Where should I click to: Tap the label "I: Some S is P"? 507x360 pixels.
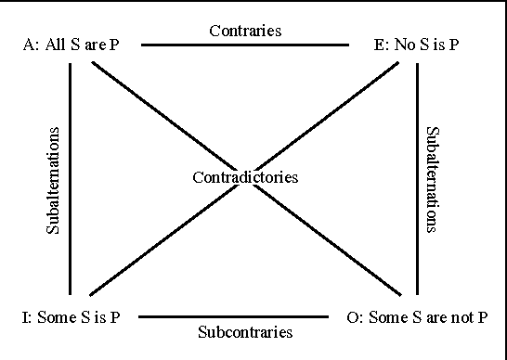[71, 318]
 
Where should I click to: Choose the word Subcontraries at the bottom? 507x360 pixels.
[246, 331]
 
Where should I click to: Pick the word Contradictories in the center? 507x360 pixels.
[245, 176]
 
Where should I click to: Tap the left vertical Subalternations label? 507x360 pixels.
[53, 180]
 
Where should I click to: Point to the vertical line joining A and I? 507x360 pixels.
[71, 176]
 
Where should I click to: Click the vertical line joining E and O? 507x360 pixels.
[418, 176]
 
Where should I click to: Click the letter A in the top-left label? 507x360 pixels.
[27, 45]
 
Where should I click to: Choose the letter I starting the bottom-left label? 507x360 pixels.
[24, 318]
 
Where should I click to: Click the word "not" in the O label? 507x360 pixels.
[462, 318]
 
